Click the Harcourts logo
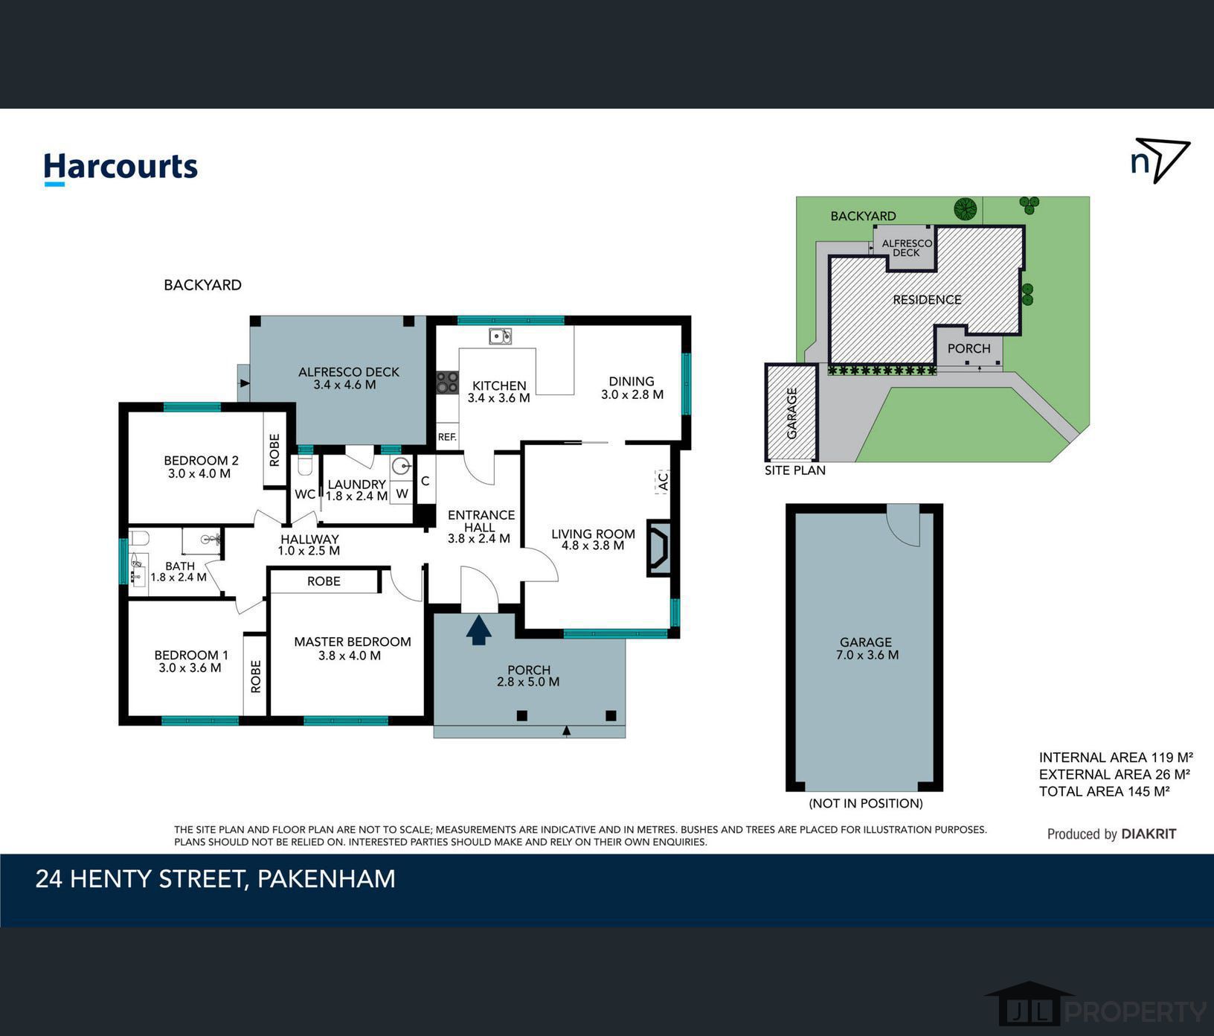pyautogui.click(x=121, y=167)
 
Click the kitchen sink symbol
pyautogui.click(x=500, y=336)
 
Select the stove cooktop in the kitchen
pyautogui.click(x=447, y=383)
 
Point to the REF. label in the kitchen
pyautogui.click(x=447, y=437)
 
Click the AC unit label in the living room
pyautogui.click(x=662, y=482)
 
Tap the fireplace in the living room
pyautogui.click(x=659, y=549)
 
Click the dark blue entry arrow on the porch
pyautogui.click(x=479, y=630)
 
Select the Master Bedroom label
pyautogui.click(x=353, y=642)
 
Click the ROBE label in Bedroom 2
pyautogui.click(x=274, y=450)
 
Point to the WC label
pyautogui.click(x=305, y=494)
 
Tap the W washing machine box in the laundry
pyautogui.click(x=402, y=493)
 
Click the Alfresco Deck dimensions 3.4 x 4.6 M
pyautogui.click(x=344, y=385)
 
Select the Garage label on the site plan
pyautogui.click(x=791, y=413)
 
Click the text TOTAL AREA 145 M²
pyautogui.click(x=1105, y=791)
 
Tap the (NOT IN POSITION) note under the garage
pyautogui.click(x=866, y=803)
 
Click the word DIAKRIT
pyautogui.click(x=1149, y=834)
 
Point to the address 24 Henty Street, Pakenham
pyautogui.click(x=216, y=879)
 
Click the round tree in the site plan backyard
pyautogui.click(x=966, y=208)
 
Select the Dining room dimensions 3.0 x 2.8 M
pyautogui.click(x=632, y=394)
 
